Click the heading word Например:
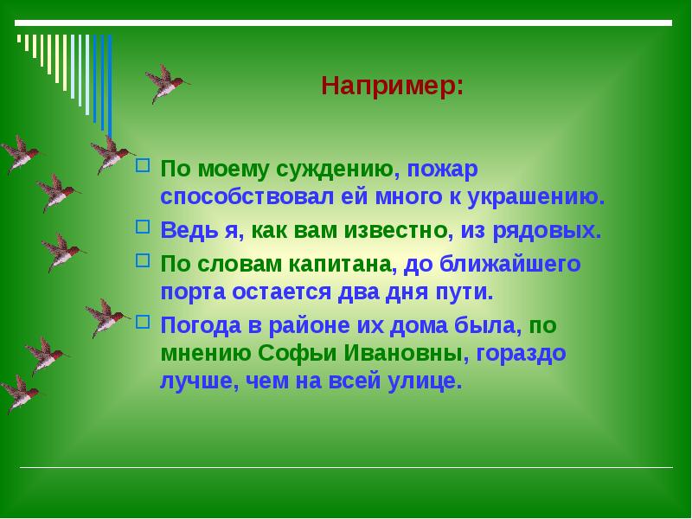tap(392, 86)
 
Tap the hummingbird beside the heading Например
tap(165, 83)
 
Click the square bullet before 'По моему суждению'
tap(144, 164)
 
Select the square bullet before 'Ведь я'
tap(144, 228)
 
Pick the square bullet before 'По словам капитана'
tap(144, 261)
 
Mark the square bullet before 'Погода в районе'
tap(144, 324)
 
